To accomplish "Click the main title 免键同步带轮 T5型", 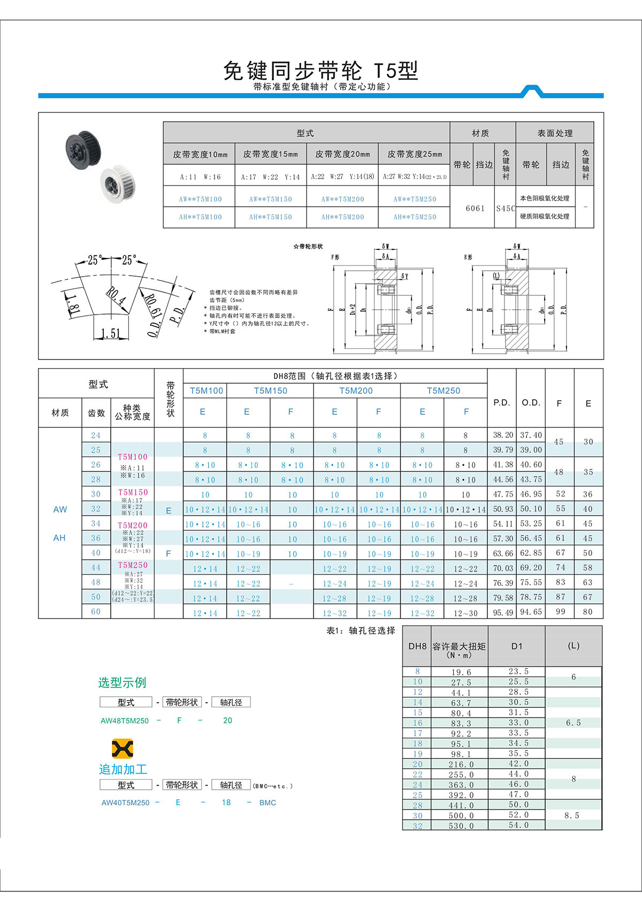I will [x=320, y=70].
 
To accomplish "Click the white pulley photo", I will [x=118, y=184].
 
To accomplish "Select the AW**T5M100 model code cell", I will [x=200, y=199].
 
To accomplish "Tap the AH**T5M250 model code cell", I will [x=415, y=217].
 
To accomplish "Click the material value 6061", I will [x=475, y=208].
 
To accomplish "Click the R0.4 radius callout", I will [x=115, y=296].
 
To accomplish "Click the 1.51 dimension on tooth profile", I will [x=111, y=333].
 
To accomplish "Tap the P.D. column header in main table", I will [x=501, y=402].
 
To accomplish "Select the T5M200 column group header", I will [x=356, y=391].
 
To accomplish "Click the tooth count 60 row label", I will [x=96, y=612].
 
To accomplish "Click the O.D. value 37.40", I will [x=531, y=435].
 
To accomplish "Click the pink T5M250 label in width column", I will [x=132, y=565].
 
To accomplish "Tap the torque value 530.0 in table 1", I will [x=461, y=826].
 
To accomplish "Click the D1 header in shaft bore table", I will [x=516, y=646].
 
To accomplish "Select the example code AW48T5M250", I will [x=125, y=721].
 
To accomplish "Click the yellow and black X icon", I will [x=122, y=748].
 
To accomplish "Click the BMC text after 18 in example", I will [x=267, y=803].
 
